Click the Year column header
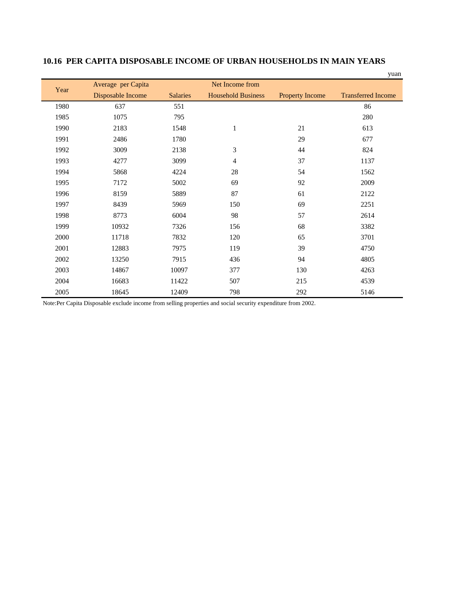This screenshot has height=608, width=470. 62,90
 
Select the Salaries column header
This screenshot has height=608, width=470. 180,95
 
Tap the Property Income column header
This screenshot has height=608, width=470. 302,95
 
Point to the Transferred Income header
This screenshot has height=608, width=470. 368,95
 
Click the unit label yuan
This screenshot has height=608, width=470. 394,74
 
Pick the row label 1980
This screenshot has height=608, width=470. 62,106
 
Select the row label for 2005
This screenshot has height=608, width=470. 62,292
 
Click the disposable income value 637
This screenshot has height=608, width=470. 120,106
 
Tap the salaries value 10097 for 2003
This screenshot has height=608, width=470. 179,270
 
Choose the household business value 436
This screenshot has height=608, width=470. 234,259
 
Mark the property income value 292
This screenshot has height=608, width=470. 301,292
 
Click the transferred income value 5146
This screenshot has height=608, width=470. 368,292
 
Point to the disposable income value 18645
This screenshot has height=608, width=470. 120,292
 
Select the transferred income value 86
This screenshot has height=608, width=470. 368,106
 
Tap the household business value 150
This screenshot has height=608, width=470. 234,205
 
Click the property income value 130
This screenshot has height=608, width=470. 301,270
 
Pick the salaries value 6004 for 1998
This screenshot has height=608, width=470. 179,216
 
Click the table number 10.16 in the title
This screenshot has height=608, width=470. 52,61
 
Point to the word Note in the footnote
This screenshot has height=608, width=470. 49,303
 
